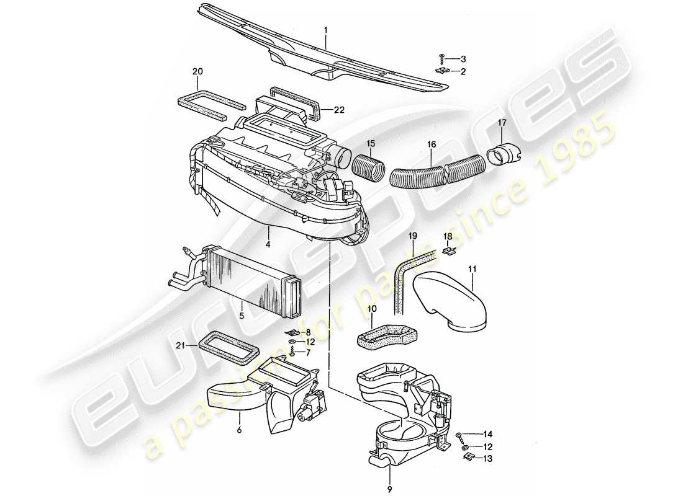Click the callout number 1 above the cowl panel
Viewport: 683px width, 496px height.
click(x=325, y=29)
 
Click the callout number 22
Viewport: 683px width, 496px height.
click(x=338, y=110)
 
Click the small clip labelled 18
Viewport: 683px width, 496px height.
click(x=450, y=252)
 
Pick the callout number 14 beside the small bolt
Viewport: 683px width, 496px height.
click(x=488, y=434)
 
